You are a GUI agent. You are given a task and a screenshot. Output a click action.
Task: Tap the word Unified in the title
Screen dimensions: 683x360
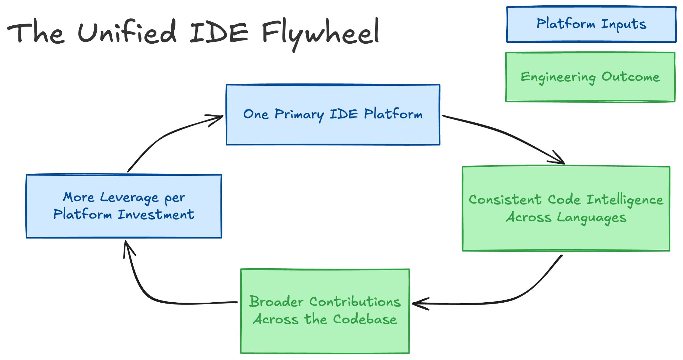[127, 31]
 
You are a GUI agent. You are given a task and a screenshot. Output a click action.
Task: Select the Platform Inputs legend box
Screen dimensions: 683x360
[591, 24]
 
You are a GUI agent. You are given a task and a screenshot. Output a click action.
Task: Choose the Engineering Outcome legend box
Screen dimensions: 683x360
[590, 77]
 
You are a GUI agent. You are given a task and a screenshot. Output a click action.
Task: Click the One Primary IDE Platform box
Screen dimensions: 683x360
[333, 114]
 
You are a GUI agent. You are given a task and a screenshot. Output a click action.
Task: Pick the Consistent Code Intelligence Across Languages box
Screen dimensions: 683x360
[566, 208]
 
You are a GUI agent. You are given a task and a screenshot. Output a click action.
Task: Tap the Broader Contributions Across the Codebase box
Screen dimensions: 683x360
[325, 311]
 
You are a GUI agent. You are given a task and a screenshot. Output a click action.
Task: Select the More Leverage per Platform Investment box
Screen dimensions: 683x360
[124, 206]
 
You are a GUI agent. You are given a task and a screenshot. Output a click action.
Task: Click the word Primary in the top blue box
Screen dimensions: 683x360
[299, 114]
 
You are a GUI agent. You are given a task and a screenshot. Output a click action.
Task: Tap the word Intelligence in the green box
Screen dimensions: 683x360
[625, 200]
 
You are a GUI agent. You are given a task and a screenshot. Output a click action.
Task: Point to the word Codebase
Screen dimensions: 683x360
[365, 319]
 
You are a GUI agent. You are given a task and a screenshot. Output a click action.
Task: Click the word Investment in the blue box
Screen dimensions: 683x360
[156, 214]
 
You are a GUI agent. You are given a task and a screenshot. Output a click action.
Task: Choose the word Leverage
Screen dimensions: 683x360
[129, 198]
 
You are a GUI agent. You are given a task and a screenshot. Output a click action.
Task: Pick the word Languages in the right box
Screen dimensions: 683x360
[592, 218]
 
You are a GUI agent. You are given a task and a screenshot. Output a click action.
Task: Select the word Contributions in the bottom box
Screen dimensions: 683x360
[355, 302]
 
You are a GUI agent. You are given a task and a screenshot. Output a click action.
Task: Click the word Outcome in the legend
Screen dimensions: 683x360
[630, 77]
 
